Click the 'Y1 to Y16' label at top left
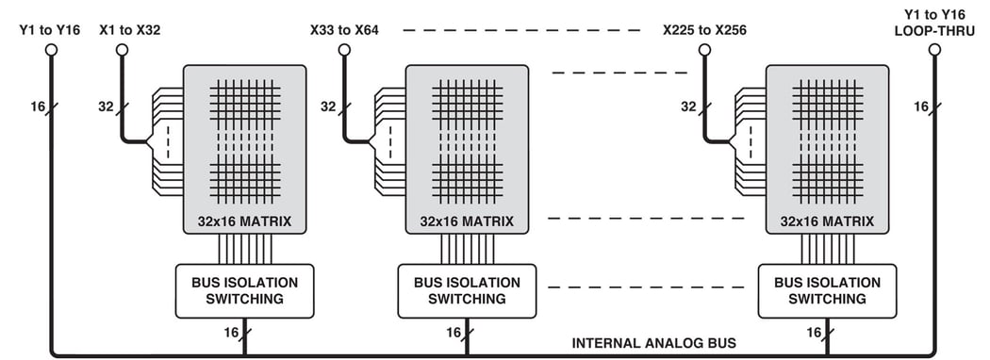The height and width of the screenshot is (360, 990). click(50, 30)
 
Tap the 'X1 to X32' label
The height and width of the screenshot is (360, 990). click(129, 30)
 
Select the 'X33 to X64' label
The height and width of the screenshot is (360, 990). click(344, 30)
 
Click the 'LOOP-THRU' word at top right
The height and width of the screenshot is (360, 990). click(933, 31)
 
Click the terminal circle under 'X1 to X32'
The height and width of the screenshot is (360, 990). click(122, 49)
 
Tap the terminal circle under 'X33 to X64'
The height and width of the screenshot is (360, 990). click(344, 49)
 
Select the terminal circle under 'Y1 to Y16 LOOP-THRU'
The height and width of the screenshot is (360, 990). click(933, 49)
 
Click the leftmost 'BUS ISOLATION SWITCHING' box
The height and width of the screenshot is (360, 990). click(244, 290)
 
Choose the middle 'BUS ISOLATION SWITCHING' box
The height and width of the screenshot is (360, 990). click(467, 290)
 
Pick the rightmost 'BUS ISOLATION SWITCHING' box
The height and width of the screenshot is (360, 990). click(827, 290)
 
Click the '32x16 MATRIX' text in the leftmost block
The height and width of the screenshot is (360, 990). click(244, 221)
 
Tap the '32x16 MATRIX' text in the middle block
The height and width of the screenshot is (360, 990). click(467, 221)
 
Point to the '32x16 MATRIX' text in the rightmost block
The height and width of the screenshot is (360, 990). click(827, 221)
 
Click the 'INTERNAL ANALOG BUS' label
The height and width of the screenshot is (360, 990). click(653, 343)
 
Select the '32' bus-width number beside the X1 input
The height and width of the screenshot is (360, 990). click(106, 106)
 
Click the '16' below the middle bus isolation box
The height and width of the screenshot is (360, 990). click(453, 333)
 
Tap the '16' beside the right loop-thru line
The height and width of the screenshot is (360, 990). click(921, 106)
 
